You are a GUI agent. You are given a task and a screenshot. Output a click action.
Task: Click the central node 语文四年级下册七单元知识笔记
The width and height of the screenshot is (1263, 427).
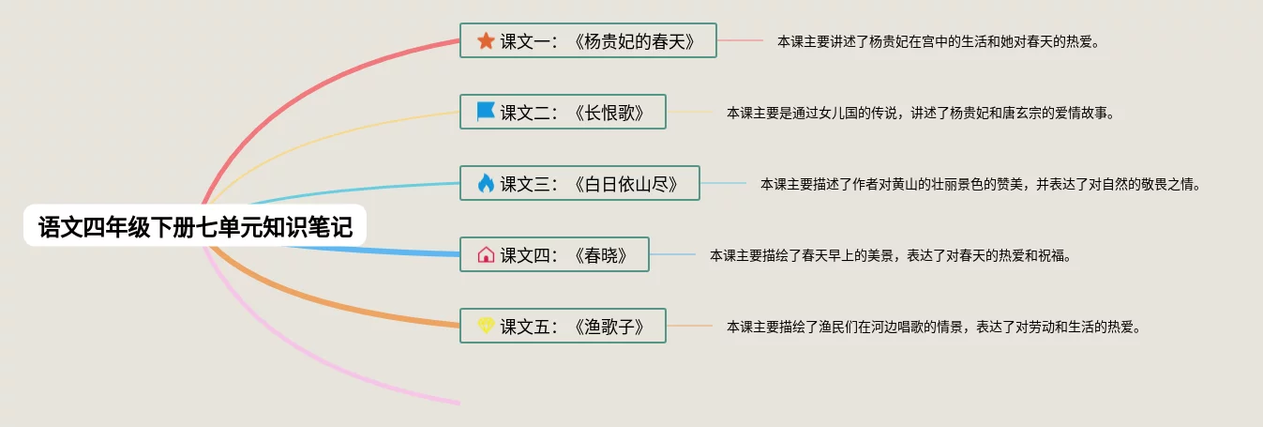click(x=195, y=227)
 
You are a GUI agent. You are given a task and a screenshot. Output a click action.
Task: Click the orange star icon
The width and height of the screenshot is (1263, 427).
click(x=486, y=40)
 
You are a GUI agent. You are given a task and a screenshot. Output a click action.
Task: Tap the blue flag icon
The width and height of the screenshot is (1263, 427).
click(x=486, y=112)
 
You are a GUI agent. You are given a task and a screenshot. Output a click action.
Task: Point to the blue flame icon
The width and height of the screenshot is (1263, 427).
click(x=486, y=183)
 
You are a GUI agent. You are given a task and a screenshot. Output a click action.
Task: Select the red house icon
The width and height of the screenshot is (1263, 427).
click(x=486, y=254)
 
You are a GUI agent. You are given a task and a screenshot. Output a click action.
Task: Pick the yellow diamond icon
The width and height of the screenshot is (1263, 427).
click(x=486, y=326)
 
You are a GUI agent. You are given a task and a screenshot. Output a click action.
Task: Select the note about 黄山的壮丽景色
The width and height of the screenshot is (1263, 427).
click(x=980, y=184)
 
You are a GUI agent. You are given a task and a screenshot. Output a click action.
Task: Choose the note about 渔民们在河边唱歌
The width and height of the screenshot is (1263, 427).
click(x=933, y=327)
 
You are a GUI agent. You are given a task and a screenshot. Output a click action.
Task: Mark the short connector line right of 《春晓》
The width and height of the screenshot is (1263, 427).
click(x=672, y=254)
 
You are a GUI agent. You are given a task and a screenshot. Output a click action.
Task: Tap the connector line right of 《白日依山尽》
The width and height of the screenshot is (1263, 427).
click(x=723, y=183)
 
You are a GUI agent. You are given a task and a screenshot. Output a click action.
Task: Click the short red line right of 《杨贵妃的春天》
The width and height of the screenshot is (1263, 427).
click(x=741, y=40)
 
